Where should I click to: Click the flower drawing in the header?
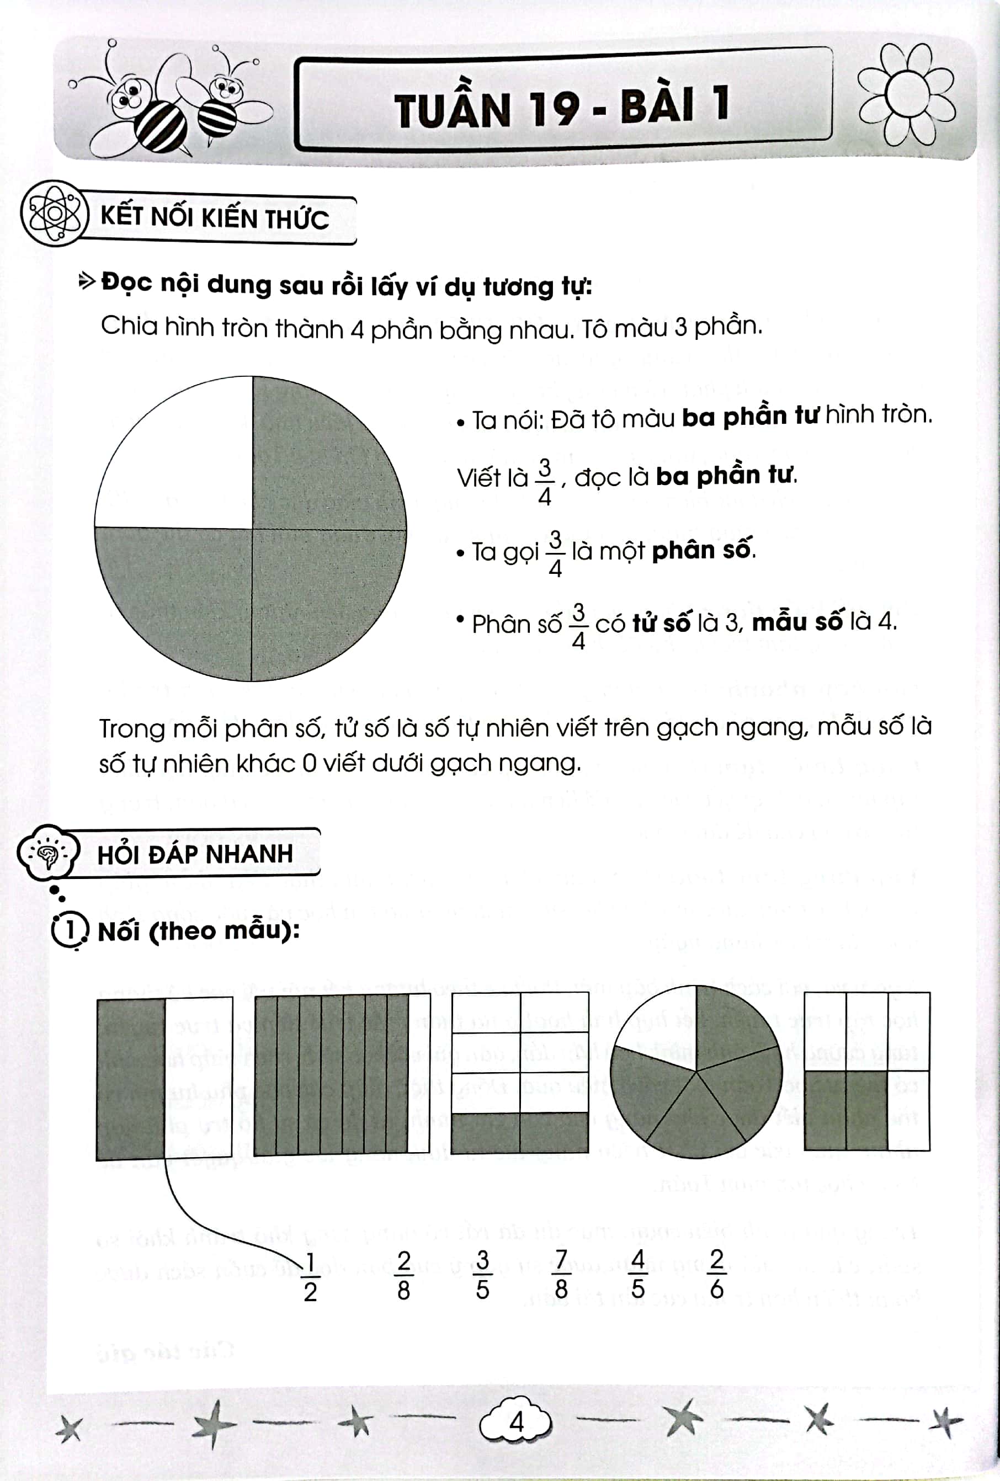point(906,95)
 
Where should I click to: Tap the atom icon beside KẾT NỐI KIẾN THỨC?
point(54,214)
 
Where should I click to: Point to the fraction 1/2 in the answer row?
point(310,1276)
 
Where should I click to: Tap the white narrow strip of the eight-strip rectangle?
point(419,1073)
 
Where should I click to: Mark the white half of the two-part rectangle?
point(198,1077)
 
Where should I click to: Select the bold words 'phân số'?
point(702,550)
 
